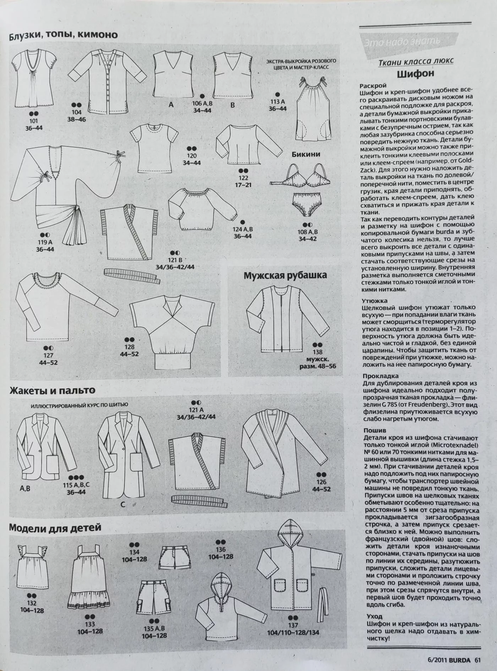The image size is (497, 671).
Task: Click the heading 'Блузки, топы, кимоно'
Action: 63,35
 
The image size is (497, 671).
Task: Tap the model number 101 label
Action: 33,121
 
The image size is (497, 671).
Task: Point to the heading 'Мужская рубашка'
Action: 285,276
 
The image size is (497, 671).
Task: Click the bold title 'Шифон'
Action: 415,74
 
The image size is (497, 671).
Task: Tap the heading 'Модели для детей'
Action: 55,527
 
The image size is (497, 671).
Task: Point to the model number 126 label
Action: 321,482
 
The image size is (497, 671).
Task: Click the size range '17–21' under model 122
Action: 243,185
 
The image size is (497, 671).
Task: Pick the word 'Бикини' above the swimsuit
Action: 306,154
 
